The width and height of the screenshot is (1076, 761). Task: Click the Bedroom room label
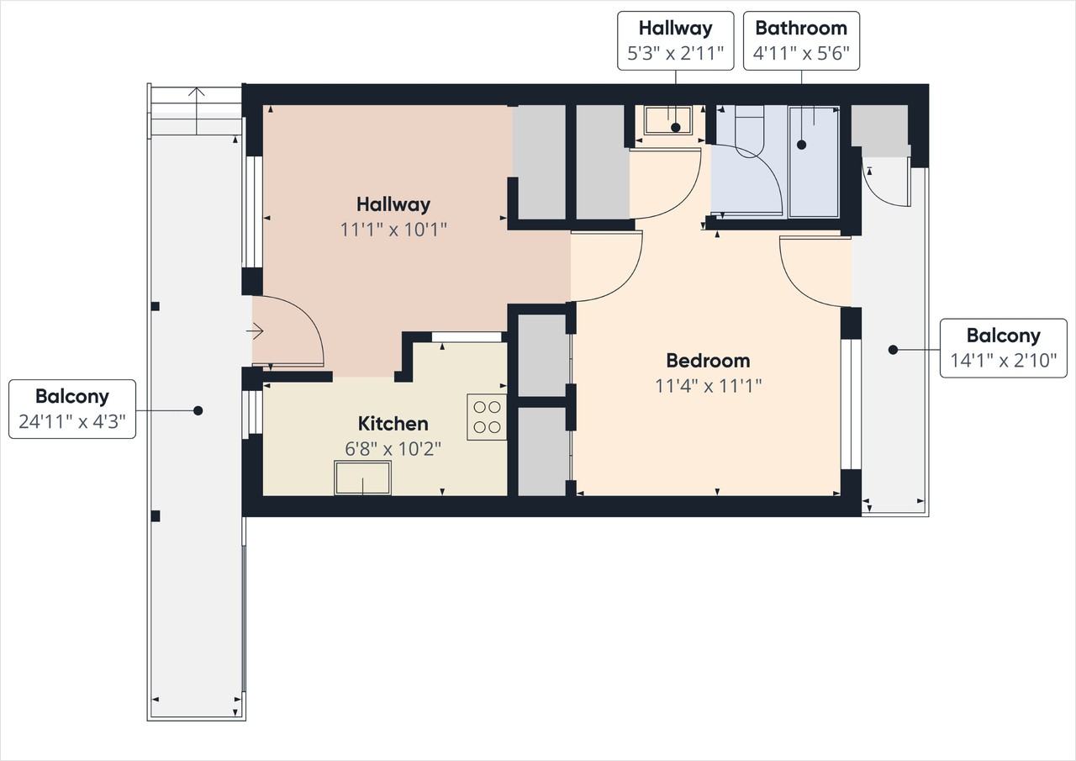click(708, 361)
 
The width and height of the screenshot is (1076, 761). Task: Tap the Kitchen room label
click(393, 424)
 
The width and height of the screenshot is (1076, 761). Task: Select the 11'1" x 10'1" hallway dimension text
click(393, 230)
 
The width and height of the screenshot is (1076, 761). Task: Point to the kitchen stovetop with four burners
click(487, 417)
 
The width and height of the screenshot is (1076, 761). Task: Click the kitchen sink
click(362, 478)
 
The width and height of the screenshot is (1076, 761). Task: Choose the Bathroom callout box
click(801, 41)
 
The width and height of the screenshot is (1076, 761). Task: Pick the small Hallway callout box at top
click(675, 41)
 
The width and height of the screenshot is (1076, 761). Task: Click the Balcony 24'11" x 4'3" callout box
click(72, 409)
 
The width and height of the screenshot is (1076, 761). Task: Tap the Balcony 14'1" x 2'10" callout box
click(1004, 348)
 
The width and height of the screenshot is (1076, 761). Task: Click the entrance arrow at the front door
click(255, 331)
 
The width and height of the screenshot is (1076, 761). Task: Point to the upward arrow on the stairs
click(196, 110)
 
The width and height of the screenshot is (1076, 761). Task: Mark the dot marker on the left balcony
click(198, 410)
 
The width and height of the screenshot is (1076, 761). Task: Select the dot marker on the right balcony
click(893, 350)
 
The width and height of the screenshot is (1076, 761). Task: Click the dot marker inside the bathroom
click(801, 145)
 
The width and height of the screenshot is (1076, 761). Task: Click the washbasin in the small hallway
click(667, 120)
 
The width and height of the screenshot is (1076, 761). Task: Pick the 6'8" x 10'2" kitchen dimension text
click(393, 449)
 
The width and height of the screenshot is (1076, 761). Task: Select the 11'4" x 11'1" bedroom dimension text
click(709, 386)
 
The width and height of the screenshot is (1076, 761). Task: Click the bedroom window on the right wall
click(851, 404)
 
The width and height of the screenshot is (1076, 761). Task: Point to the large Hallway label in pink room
click(393, 204)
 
